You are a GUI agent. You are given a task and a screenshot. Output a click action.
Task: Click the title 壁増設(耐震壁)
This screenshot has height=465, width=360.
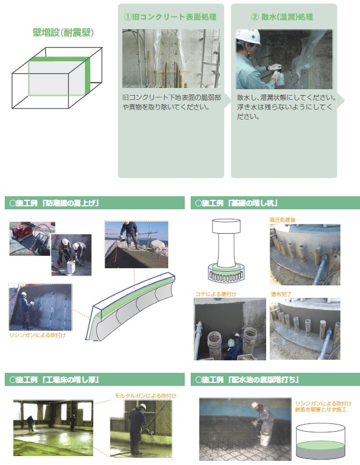tap(63, 32)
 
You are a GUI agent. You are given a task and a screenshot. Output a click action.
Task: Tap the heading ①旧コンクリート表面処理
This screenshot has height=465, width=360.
tap(170, 17)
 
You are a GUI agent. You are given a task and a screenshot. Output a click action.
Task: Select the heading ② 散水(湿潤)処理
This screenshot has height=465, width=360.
tap(282, 17)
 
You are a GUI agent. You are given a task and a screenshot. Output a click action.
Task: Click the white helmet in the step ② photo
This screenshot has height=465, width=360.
tap(248, 36)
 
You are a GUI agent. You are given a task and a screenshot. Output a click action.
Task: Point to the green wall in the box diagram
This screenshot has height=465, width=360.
tap(87, 76)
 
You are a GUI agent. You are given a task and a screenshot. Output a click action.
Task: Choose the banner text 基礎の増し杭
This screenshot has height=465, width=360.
tap(253, 203)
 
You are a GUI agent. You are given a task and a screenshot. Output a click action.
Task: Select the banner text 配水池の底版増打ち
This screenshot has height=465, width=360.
tap(264, 379)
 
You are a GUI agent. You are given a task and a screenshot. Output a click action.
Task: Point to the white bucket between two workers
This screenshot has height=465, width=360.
tap(71, 267)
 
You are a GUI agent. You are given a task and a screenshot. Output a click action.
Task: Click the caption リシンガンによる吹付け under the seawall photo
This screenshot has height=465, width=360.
tap(37, 335)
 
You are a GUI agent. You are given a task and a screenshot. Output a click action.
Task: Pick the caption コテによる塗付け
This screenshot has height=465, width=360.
tap(216, 294)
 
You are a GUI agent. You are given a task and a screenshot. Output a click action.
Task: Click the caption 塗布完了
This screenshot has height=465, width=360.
tap(281, 294)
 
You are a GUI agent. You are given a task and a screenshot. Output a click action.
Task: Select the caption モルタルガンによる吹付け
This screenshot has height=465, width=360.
tap(146, 395)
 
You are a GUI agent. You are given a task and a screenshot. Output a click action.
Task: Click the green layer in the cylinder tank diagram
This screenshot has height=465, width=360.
tap(320, 446)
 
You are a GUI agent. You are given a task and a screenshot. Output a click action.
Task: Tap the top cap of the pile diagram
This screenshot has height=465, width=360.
tap(226, 226)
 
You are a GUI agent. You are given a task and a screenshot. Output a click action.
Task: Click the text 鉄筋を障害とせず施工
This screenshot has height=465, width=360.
tap(321, 410)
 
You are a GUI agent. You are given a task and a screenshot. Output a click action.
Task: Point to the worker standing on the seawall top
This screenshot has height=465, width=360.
tap(130, 235)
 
